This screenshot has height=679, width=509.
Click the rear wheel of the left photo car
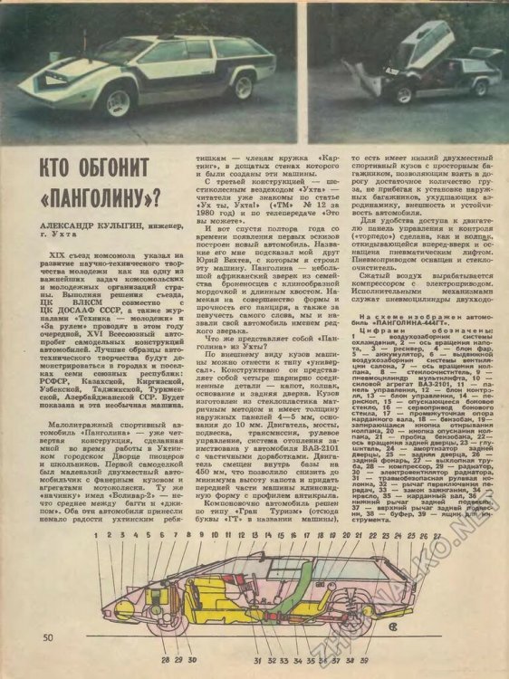242,85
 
